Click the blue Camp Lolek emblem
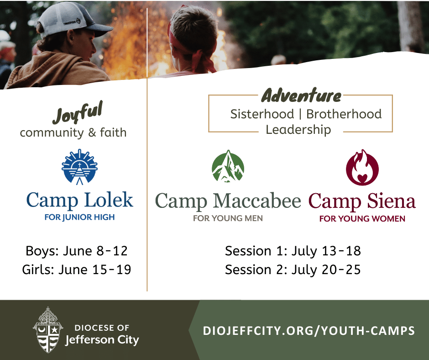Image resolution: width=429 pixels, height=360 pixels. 79,167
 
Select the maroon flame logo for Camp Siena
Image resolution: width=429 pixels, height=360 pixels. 362,167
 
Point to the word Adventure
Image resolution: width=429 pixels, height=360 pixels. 301,95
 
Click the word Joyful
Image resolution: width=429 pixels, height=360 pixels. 78,112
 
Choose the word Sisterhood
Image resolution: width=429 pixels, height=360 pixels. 262,114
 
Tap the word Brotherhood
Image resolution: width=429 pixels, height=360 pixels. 344,114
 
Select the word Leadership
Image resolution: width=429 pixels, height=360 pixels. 298,130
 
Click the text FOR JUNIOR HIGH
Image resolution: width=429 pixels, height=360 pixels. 79,217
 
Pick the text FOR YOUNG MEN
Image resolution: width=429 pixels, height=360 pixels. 228,218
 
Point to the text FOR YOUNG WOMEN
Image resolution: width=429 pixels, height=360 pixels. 362,219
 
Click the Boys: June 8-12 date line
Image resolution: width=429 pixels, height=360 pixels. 77,251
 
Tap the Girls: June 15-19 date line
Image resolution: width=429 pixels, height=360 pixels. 77,270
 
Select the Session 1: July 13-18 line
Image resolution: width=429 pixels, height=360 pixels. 293,251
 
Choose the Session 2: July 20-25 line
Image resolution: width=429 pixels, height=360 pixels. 293,270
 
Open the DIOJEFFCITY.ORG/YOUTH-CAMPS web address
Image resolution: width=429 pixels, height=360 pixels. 309,331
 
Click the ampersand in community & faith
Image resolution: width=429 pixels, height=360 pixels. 92,132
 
